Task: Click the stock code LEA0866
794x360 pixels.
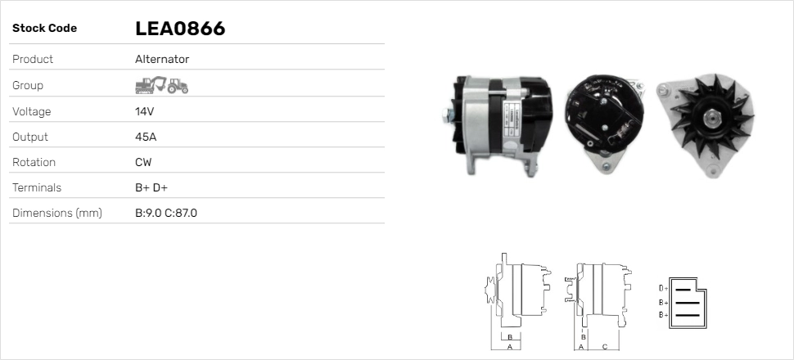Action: pyautogui.click(x=180, y=29)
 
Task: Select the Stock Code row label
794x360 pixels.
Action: pyautogui.click(x=44, y=29)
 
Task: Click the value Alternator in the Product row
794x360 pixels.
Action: pyautogui.click(x=162, y=59)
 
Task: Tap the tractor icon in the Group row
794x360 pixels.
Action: pyautogui.click(x=178, y=85)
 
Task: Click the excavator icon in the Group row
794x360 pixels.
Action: pyautogui.click(x=151, y=84)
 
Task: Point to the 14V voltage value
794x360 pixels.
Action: pyautogui.click(x=144, y=111)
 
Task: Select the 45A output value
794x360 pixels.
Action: pyautogui.click(x=145, y=137)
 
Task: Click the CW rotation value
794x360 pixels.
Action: pyautogui.click(x=143, y=162)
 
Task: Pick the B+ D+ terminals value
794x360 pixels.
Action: pyautogui.click(x=151, y=187)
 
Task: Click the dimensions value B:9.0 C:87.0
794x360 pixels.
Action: pyautogui.click(x=166, y=213)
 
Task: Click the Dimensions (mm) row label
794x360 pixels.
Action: pyautogui.click(x=56, y=213)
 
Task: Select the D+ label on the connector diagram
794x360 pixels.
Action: pyautogui.click(x=663, y=288)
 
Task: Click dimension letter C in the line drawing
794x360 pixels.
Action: pyautogui.click(x=604, y=346)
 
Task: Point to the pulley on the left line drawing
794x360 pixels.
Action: pyautogui.click(x=491, y=290)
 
